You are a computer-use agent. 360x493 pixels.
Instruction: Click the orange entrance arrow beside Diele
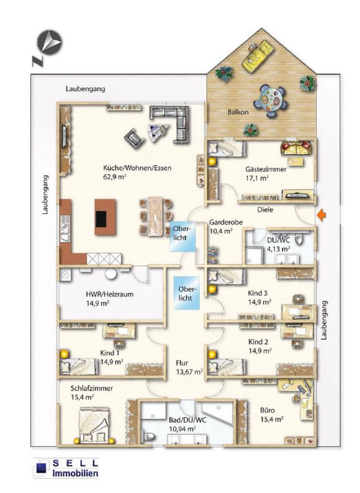point(321,215)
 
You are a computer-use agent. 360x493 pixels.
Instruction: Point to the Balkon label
point(238,112)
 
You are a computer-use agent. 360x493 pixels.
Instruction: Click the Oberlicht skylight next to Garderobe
point(182,237)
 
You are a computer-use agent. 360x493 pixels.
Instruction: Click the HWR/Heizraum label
point(109,295)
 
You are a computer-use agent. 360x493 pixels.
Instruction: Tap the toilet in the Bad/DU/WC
point(149,437)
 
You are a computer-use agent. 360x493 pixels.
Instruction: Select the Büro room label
point(268,410)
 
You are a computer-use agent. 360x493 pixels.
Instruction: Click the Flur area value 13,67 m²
point(189,372)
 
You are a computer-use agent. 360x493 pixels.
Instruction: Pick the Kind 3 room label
point(258,293)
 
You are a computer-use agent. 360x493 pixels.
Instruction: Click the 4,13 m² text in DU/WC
point(278,249)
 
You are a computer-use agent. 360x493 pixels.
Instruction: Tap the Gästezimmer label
point(266,169)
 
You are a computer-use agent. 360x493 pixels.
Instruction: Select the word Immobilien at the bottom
point(75,473)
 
